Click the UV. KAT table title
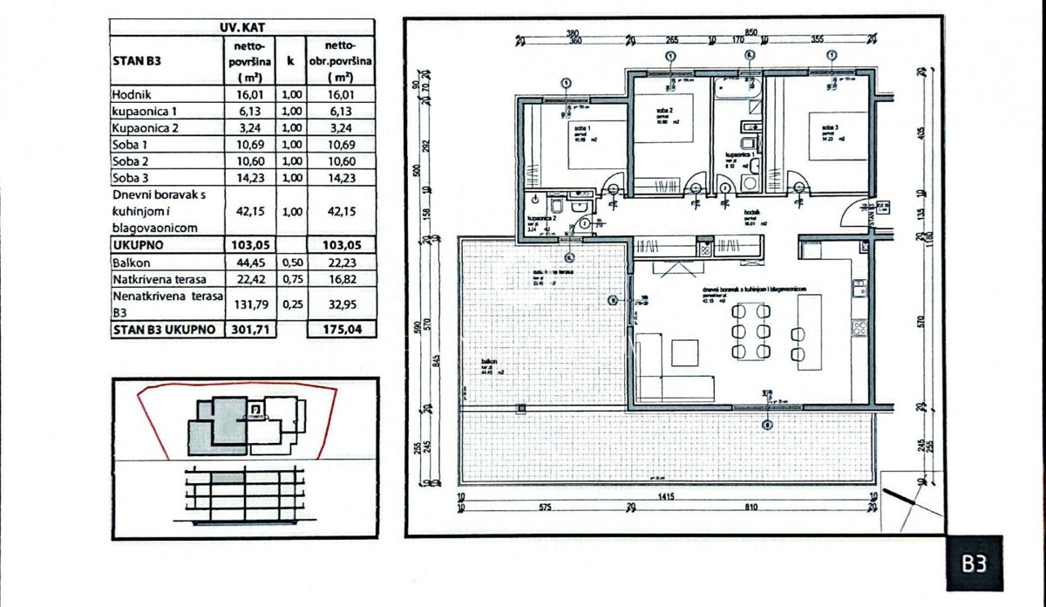tap(241, 26)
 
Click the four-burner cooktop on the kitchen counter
tap(859, 330)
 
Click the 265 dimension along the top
tap(670, 38)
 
